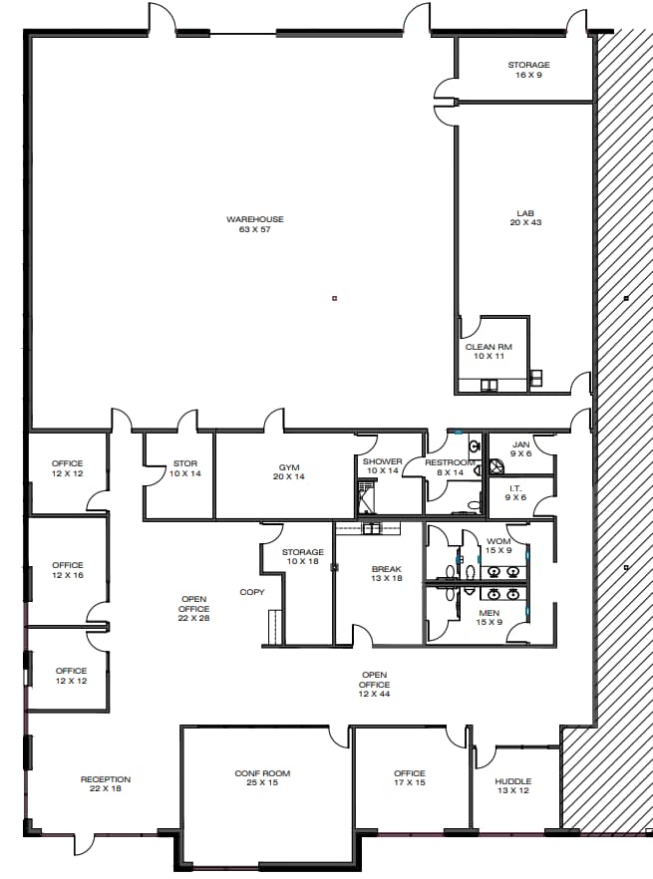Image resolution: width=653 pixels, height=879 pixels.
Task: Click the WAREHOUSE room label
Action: (254, 224)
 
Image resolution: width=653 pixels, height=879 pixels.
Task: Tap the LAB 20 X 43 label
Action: (524, 217)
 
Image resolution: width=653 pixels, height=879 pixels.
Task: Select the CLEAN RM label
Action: (489, 351)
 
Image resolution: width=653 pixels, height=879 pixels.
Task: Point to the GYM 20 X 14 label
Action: (289, 471)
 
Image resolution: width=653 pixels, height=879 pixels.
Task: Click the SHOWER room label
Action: (382, 465)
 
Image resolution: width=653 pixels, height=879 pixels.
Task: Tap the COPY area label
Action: (251, 592)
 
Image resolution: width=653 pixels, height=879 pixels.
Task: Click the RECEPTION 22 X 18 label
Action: (106, 784)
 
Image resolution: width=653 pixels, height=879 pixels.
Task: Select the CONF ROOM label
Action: (262, 778)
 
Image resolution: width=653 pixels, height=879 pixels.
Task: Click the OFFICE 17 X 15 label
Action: (409, 777)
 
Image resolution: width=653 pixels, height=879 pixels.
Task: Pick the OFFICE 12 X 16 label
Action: (68, 570)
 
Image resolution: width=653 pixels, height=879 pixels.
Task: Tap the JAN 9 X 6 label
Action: (520, 448)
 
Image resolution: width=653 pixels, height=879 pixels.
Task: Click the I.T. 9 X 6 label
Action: (515, 491)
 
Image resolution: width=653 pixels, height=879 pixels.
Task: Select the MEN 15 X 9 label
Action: (489, 618)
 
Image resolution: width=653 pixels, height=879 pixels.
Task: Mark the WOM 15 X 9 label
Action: (497, 545)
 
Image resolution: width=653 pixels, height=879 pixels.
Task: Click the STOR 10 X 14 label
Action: (185, 467)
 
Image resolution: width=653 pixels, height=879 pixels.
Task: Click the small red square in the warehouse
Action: (335, 297)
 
